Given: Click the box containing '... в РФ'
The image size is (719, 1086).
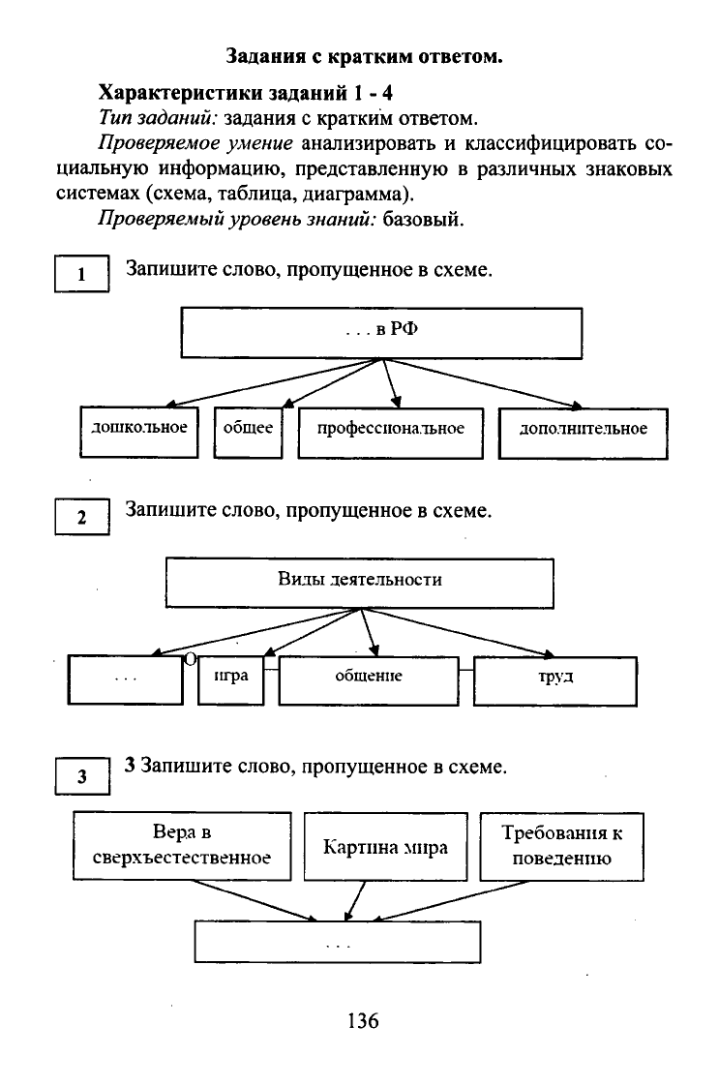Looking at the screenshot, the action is [x=381, y=333].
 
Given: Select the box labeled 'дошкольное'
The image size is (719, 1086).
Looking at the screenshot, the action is [x=138, y=432].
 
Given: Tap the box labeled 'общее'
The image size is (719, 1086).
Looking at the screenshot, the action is [x=248, y=433].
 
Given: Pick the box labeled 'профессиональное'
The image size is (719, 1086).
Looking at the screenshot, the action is [x=391, y=433].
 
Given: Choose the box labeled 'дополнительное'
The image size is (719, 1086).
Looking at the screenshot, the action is [x=584, y=433].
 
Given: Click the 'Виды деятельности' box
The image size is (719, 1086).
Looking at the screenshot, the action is [x=360, y=584].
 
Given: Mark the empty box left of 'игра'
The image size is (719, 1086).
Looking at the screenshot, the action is [x=126, y=679].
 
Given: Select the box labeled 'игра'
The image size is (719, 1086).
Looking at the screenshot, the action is [x=230, y=680].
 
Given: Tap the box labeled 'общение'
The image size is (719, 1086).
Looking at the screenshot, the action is [x=369, y=680].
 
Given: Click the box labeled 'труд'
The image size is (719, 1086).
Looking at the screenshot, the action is [x=554, y=681].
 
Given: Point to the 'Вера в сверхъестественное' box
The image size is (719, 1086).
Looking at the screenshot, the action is [x=182, y=846].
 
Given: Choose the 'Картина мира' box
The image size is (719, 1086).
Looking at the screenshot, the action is [x=385, y=847].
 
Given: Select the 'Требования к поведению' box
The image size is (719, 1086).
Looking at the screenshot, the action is [x=562, y=847].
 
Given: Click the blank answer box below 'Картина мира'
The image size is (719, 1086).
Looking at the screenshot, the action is [x=338, y=942].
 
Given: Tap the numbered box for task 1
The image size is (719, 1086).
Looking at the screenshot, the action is [x=81, y=274].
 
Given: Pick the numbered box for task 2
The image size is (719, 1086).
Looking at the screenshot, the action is [x=81, y=517].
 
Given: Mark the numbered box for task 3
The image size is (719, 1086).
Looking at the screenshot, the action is [x=81, y=775].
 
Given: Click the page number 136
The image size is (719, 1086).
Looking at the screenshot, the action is [x=363, y=1020].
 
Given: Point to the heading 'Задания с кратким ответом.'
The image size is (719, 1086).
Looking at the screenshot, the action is [x=365, y=56].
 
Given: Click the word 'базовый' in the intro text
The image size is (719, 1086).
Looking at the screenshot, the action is [x=423, y=220].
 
